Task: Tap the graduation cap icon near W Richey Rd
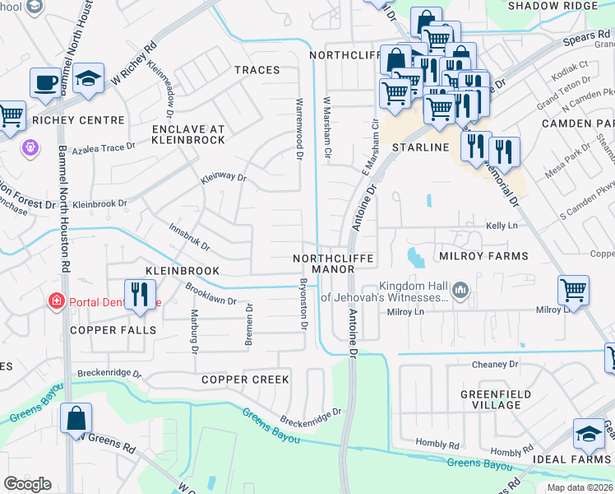tap(88, 79)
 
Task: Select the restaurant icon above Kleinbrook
tap(140, 293)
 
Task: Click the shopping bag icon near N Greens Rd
tap(76, 417)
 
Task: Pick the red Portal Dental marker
tap(56, 302)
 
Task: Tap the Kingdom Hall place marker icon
tap(460, 289)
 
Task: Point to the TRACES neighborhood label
tap(257, 70)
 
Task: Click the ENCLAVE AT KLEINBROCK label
tap(188, 134)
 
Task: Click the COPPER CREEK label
tap(245, 380)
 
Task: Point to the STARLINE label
tap(420, 147)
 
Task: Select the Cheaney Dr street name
tap(495, 364)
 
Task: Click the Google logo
tap(27, 484)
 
